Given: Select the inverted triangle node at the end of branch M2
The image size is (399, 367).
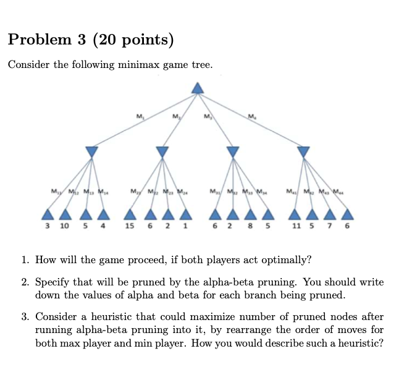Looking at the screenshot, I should click(x=162, y=151).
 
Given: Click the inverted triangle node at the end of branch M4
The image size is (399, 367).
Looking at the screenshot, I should click(x=303, y=151).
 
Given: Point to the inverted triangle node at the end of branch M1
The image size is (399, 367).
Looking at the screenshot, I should click(x=91, y=151).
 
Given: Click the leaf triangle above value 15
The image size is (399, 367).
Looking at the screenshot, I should click(x=130, y=214).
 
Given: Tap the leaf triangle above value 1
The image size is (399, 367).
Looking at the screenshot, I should click(x=185, y=214).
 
